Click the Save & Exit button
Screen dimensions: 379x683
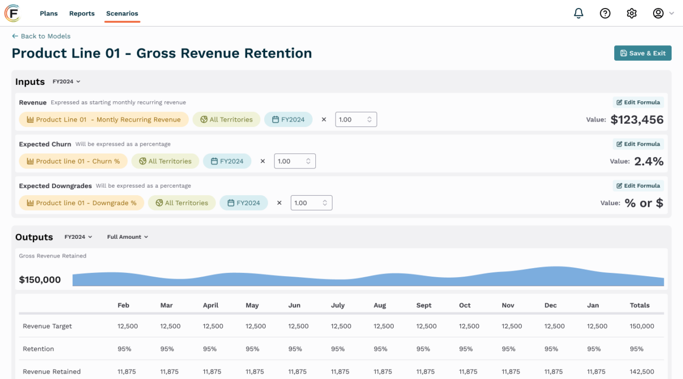coord(642,53)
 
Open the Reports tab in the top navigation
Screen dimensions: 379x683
coord(82,13)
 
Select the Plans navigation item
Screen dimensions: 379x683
coord(49,13)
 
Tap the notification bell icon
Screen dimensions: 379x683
coord(578,13)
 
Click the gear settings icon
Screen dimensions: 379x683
coord(632,13)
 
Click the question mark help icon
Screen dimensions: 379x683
coord(605,13)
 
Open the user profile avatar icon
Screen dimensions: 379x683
coord(658,13)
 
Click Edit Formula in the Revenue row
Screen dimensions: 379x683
coord(638,102)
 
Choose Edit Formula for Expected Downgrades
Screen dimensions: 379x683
coord(638,186)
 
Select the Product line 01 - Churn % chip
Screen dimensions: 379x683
coord(73,162)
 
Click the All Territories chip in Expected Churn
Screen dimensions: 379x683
coord(165,162)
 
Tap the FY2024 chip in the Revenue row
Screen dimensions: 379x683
coord(288,120)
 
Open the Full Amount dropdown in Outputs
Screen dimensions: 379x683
coord(128,237)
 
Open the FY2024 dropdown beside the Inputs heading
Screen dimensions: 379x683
coord(66,82)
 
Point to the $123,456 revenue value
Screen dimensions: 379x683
coord(637,120)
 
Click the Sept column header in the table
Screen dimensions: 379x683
coord(424,305)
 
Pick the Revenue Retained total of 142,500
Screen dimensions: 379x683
coord(641,372)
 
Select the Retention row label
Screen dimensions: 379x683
coord(38,349)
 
